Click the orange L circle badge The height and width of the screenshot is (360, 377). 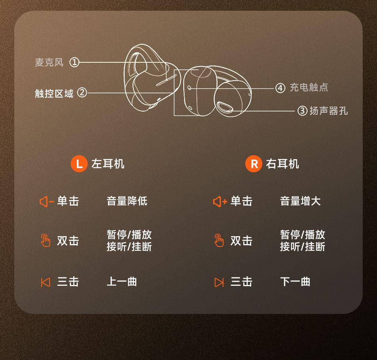point(79,164)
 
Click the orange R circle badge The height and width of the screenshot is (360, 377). point(254,164)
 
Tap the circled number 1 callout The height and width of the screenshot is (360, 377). point(74,62)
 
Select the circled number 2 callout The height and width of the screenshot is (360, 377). point(82,92)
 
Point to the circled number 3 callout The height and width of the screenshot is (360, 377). point(302,111)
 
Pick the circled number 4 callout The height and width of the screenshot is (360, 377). point(280,88)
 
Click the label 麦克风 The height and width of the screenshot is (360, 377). point(49,62)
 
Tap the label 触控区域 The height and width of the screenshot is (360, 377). point(54,93)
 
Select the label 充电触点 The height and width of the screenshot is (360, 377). point(309,87)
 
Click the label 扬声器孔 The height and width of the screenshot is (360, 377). point(329,111)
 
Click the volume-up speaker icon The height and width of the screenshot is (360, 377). point(220,202)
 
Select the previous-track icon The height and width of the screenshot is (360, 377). point(46,282)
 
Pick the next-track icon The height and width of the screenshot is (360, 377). point(219,282)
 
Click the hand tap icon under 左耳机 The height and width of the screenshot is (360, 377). point(46,240)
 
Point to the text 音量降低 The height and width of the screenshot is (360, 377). point(127,201)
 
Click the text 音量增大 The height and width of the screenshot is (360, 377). point(300,201)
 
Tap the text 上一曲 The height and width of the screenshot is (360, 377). point(122,281)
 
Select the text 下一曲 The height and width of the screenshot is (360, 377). point(295,281)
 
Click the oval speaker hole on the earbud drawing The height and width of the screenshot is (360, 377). point(225,107)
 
